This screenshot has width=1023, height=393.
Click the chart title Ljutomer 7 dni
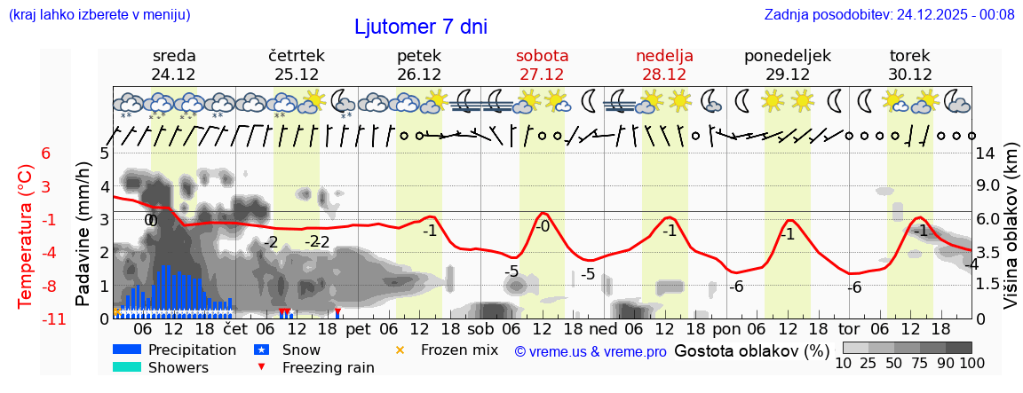(x=420, y=27)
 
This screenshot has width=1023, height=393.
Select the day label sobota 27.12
(x=542, y=65)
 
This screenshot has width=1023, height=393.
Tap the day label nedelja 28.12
(x=664, y=65)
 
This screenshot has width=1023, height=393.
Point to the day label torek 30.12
(x=910, y=65)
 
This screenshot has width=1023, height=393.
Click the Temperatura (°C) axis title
(x=26, y=235)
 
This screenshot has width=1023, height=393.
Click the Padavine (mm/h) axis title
(x=83, y=234)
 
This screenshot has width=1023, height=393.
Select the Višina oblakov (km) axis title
(x=1011, y=235)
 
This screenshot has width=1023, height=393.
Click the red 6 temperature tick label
(x=46, y=153)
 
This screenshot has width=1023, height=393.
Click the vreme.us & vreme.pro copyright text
(x=591, y=351)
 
